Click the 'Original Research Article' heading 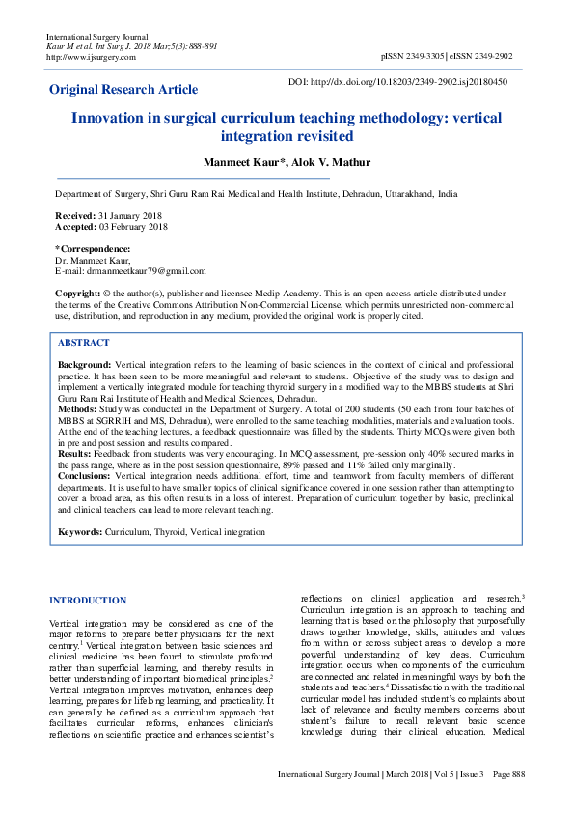click(x=123, y=90)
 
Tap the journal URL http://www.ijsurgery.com click(x=91, y=57)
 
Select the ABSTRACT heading click(x=84, y=343)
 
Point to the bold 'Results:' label click(x=75, y=452)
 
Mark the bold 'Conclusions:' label click(x=85, y=476)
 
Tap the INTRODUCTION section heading click(x=88, y=600)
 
